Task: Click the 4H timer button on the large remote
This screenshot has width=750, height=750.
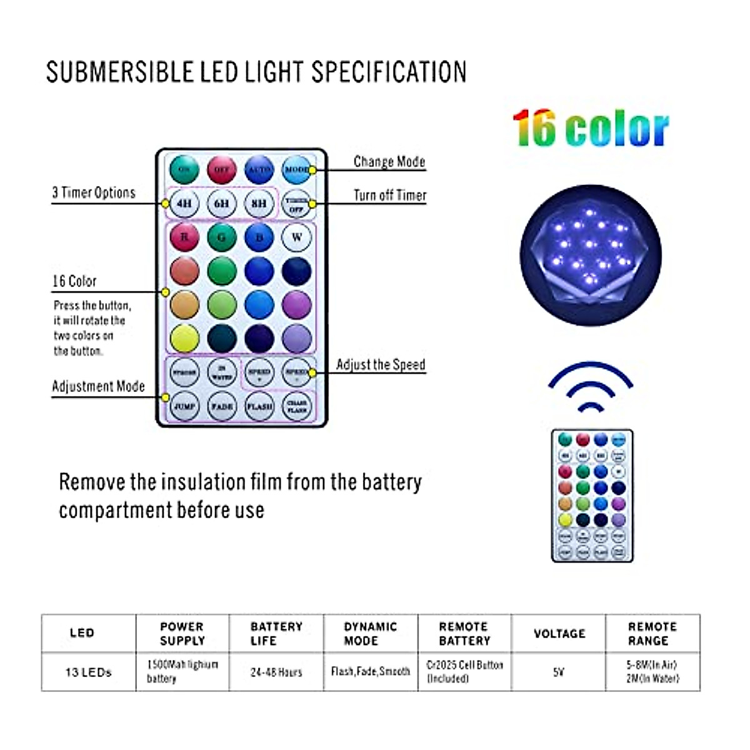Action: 184,203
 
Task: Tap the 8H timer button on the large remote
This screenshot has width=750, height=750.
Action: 259,203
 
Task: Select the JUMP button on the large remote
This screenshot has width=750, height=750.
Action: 184,406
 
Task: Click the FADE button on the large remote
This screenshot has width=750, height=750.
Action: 222,406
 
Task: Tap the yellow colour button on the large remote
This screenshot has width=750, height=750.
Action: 184,338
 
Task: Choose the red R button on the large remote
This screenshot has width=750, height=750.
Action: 184,237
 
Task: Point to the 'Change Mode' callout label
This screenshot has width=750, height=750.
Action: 389,161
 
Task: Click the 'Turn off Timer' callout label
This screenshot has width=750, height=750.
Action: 390,195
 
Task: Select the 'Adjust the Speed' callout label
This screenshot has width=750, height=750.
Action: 381,364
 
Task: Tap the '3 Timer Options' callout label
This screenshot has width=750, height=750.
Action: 94,192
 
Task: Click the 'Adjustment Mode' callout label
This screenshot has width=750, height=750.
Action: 98,386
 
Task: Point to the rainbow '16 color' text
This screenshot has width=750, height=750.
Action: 590,129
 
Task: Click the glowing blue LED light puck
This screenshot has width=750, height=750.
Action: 591,255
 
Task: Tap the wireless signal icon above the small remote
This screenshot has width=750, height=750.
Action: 591,387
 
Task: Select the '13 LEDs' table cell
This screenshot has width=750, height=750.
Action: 88,672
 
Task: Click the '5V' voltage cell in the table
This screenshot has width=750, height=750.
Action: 558,672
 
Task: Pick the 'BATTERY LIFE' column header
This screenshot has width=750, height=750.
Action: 276,633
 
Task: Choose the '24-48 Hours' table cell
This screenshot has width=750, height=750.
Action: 276,672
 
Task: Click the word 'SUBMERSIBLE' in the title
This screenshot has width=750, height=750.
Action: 120,72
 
